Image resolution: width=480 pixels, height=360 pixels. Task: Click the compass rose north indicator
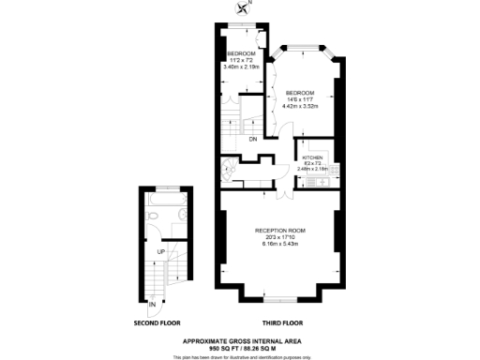pyautogui.click(x=245, y=8)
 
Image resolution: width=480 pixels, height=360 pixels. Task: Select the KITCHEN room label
pyautogui.click(x=312, y=157)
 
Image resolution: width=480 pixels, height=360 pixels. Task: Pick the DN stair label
pyautogui.click(x=253, y=140)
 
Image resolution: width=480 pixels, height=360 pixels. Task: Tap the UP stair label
pyautogui.click(x=160, y=252)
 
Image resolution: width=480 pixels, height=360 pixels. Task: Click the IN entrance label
pyautogui.click(x=152, y=303)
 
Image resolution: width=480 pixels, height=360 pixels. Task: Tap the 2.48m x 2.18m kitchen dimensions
pyautogui.click(x=312, y=169)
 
